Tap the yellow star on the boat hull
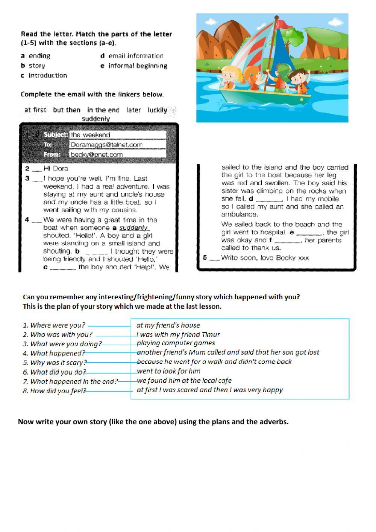coord(301,99)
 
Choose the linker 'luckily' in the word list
coord(157,110)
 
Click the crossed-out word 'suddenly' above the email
coord(96,119)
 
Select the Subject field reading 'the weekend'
coord(118,135)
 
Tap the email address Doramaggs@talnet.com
coord(118,145)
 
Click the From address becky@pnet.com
coord(118,154)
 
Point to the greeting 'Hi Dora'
coord(56,168)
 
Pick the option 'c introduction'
coord(44,75)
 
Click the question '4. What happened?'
coord(54,353)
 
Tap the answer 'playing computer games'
coord(176,343)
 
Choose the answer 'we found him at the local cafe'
coord(184,380)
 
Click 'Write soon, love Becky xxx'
coord(265,258)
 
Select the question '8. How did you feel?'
coord(54,391)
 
